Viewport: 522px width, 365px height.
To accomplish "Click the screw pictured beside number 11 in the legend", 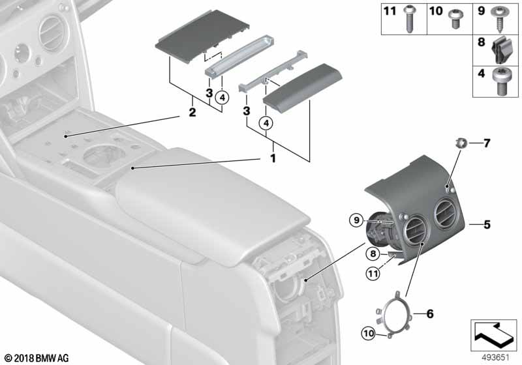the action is coord(409,19).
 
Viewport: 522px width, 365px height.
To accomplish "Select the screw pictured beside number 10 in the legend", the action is coord(453,19).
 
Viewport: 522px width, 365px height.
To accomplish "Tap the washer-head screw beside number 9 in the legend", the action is coord(500,18).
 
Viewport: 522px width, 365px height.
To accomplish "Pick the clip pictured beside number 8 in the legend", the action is coord(501,50).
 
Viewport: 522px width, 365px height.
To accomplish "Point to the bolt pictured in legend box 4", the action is coord(501,81).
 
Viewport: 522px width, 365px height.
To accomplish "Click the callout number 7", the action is coord(487,143).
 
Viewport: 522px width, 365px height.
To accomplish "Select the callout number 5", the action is coord(487,225).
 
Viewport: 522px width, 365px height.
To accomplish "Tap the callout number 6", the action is coord(430,314).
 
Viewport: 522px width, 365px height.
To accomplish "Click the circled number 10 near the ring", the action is coord(369,333).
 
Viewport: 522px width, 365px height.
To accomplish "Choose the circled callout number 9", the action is coord(356,220).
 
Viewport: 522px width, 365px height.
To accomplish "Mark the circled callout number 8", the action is coord(373,254).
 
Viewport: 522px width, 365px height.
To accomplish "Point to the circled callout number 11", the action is coord(373,274).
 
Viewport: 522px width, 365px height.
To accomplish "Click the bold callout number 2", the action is coord(192,112).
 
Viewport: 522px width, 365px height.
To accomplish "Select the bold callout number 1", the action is coord(273,158).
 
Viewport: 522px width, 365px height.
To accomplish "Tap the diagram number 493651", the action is coord(496,358).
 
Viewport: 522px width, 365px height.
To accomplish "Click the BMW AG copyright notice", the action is coord(37,358).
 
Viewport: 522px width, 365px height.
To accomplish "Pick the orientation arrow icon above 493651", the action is coord(494,336).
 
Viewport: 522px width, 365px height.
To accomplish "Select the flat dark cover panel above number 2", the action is coord(202,36).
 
